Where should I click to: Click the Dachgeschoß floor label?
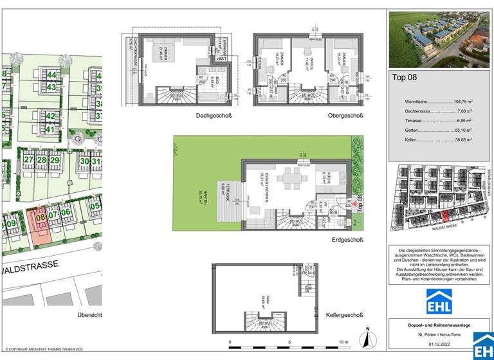click(x=214, y=116)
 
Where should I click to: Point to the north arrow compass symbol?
click(x=367, y=337)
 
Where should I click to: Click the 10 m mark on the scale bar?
click(x=343, y=343)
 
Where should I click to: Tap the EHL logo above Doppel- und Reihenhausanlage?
click(x=439, y=301)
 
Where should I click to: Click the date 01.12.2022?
click(x=439, y=343)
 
